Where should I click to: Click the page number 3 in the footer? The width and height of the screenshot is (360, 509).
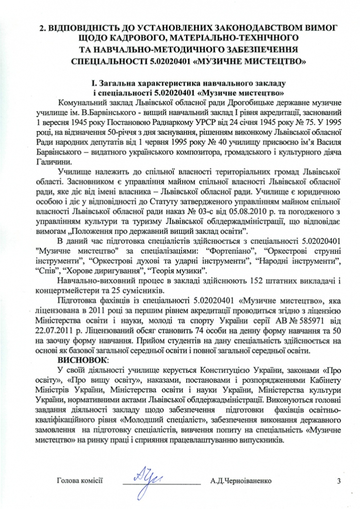click(x=339, y=481)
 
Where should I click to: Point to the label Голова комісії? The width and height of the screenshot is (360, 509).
click(x=80, y=482)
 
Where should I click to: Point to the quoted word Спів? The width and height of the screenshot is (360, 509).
click(x=46, y=270)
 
